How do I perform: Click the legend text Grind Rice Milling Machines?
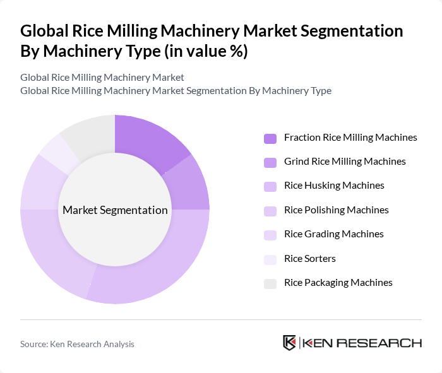[x=345, y=162]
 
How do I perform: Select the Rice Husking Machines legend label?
[x=334, y=186]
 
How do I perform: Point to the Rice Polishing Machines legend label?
[x=336, y=210]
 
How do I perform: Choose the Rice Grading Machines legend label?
[x=334, y=234]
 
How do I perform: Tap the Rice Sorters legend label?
[x=310, y=258]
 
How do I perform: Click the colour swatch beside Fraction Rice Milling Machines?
[x=270, y=138]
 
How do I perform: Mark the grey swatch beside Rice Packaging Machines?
[x=270, y=283]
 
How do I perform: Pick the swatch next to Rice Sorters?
[x=270, y=259]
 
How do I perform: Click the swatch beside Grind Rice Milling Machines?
[x=270, y=162]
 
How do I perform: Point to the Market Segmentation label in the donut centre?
[x=115, y=210]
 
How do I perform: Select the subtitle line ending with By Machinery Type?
[x=176, y=91]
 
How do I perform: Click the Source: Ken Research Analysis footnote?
[x=77, y=344]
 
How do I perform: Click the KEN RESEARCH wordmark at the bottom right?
[x=362, y=343]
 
